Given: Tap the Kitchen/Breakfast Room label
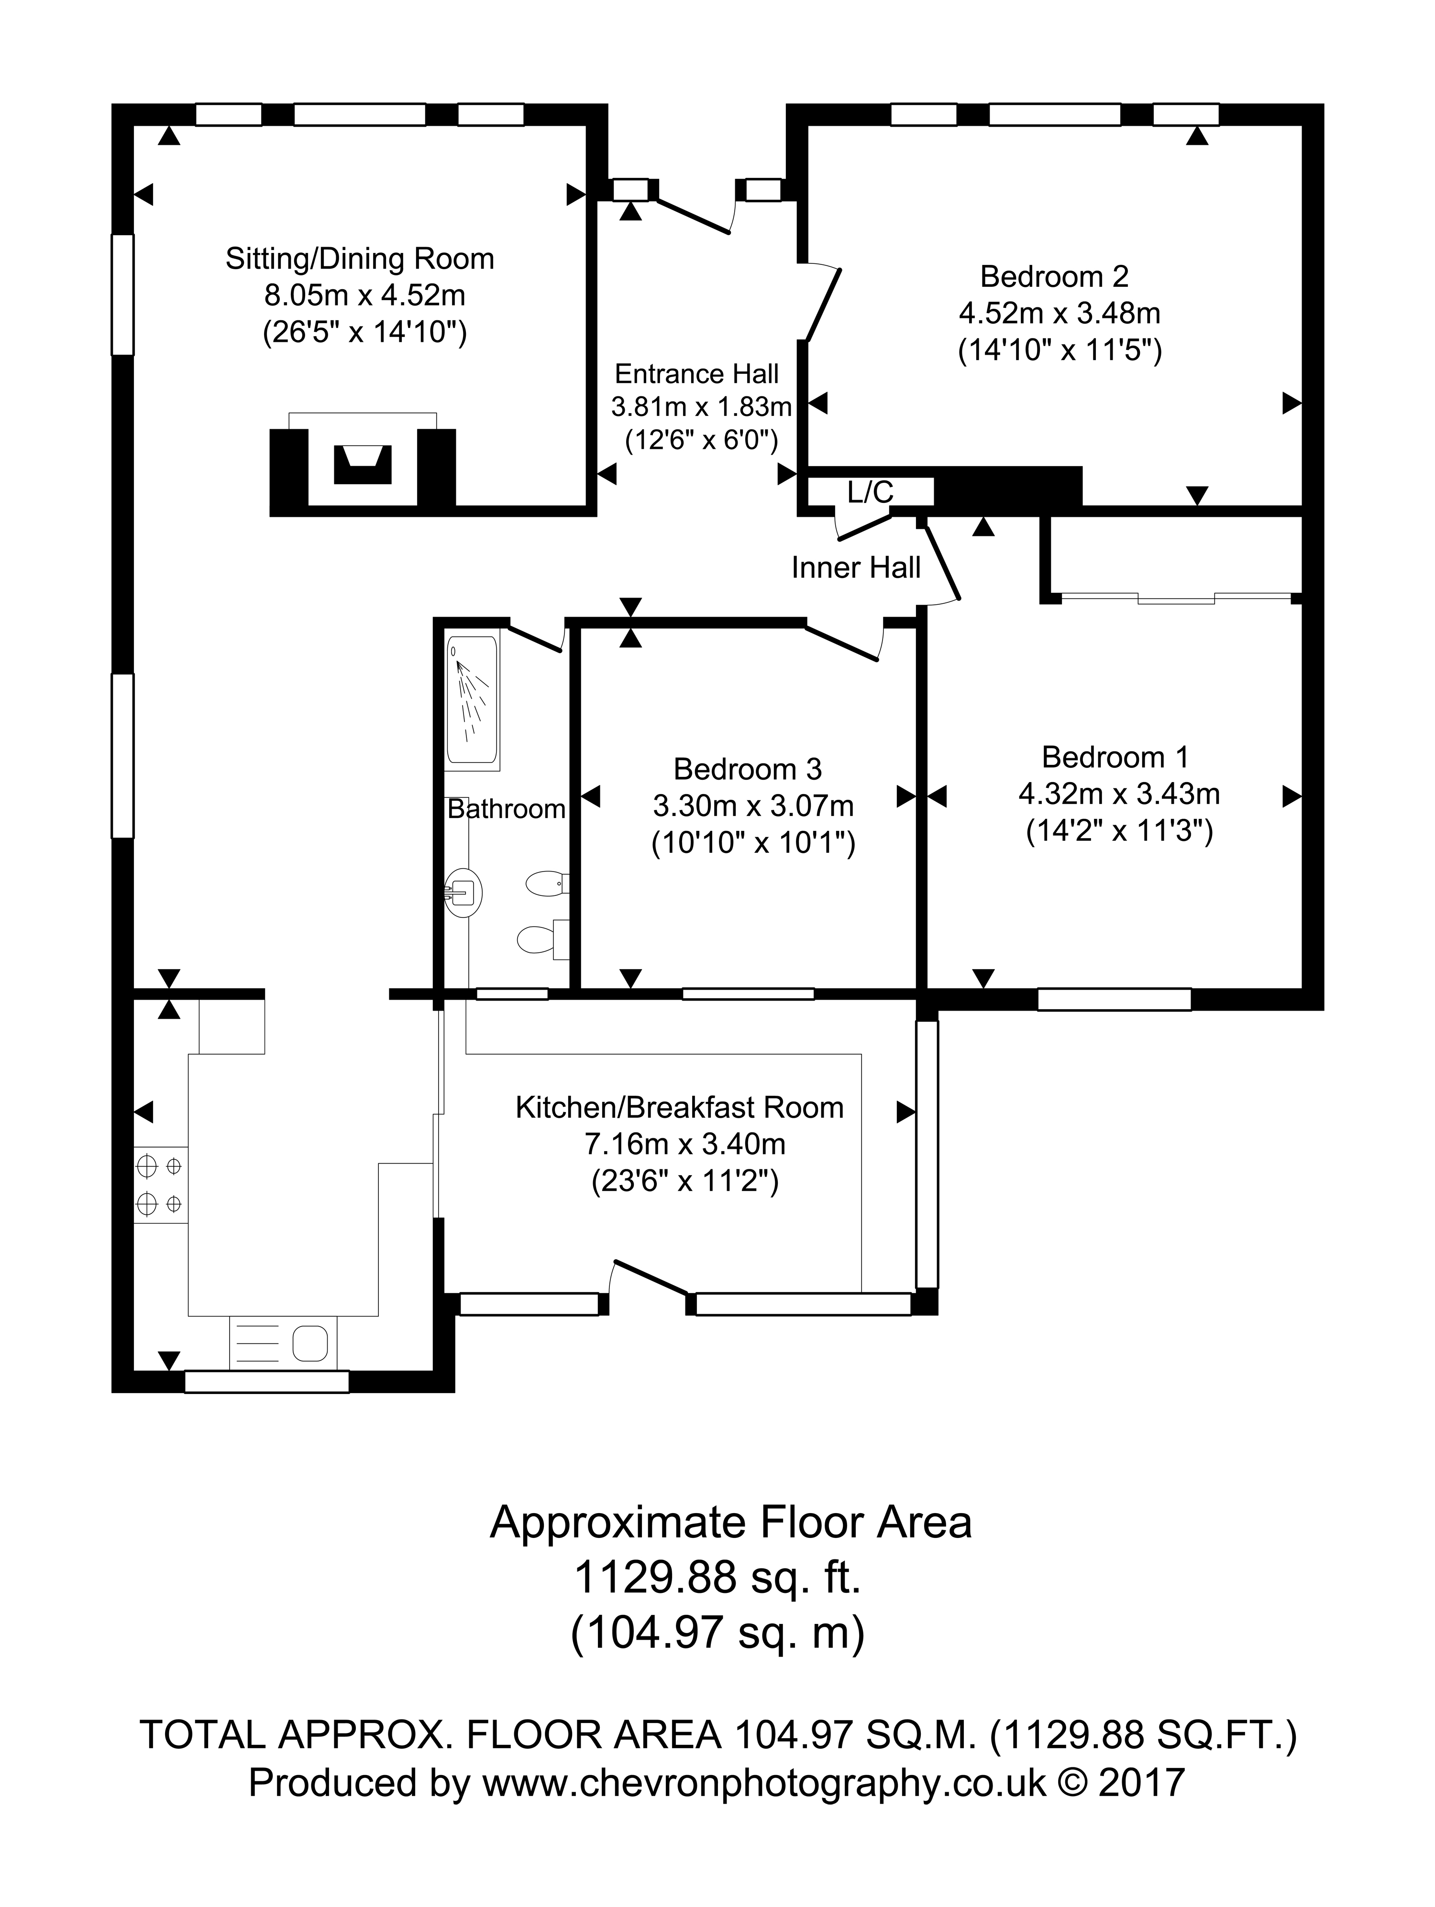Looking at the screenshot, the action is (680, 1108).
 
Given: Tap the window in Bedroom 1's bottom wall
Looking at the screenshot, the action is (1114, 999).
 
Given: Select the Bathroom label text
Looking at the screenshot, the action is (506, 809).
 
